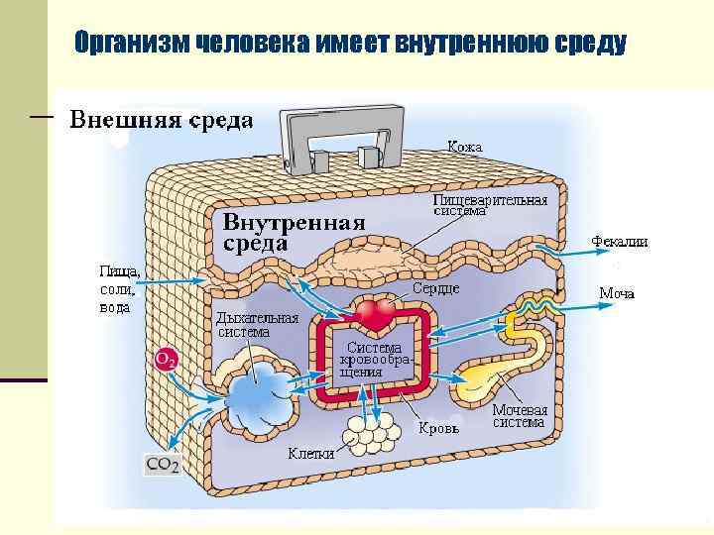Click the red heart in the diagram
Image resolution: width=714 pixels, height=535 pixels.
(x=376, y=316)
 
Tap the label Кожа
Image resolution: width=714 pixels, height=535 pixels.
(x=464, y=147)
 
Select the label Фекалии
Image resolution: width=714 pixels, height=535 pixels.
(x=620, y=241)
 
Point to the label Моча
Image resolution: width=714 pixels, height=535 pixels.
(x=617, y=293)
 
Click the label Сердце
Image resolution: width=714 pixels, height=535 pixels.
(x=435, y=288)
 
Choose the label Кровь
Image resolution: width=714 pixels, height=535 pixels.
(x=437, y=428)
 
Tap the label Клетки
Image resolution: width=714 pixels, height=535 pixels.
(x=310, y=454)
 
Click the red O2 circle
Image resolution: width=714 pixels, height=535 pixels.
(x=166, y=360)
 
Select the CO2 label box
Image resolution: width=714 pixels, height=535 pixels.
(x=163, y=464)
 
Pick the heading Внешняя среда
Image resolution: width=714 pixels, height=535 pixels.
(x=161, y=121)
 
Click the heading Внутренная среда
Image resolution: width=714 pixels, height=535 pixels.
(x=295, y=232)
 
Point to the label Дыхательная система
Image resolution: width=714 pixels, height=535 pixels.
(x=257, y=325)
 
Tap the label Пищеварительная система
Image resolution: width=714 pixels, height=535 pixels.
(x=490, y=205)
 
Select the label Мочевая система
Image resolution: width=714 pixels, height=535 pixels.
(x=520, y=416)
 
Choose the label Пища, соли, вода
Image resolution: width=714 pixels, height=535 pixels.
(x=120, y=288)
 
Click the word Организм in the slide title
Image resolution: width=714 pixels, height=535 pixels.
(x=132, y=44)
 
